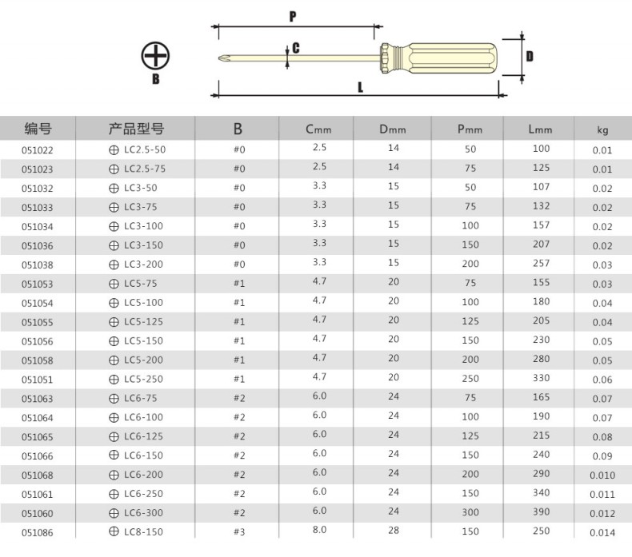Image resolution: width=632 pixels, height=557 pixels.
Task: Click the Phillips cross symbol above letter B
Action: click(155, 56)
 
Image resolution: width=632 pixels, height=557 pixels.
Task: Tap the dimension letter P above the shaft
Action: click(293, 17)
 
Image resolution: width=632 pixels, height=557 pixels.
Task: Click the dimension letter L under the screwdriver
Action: click(360, 87)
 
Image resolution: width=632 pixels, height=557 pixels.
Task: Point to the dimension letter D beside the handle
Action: click(530, 57)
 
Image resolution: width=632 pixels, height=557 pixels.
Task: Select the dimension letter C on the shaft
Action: click(296, 48)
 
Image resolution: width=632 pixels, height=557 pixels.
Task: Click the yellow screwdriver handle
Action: click(438, 58)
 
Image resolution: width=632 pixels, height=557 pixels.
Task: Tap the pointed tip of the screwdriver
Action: click(219, 58)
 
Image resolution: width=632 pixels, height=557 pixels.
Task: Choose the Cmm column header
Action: click(318, 129)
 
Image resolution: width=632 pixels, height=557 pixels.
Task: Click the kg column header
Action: click(602, 129)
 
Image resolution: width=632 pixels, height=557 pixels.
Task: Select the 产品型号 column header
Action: click(136, 129)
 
